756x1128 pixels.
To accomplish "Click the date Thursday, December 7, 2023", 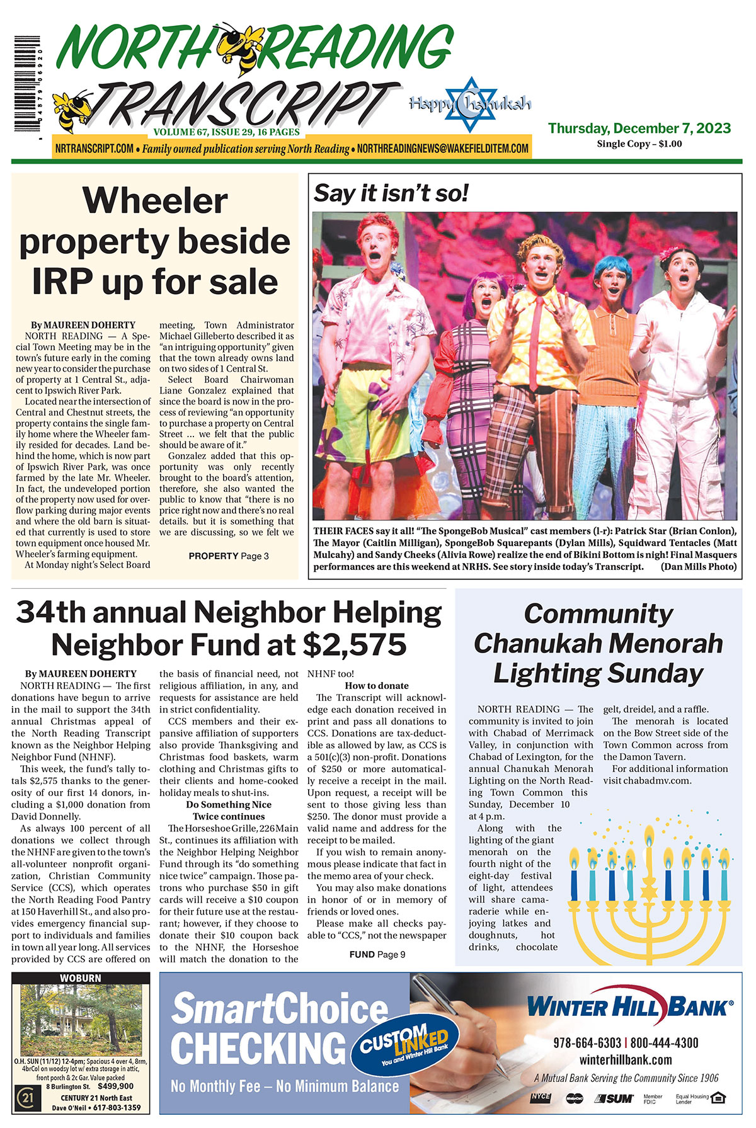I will click(639, 128).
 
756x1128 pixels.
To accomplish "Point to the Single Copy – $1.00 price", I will click(639, 144).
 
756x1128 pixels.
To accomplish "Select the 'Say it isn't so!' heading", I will click(391, 193).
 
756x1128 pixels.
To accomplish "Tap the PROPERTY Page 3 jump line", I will click(229, 556).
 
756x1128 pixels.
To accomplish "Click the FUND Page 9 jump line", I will click(377, 954).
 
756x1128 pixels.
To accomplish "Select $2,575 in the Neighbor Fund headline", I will click(354, 644).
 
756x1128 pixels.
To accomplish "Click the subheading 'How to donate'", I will click(377, 685).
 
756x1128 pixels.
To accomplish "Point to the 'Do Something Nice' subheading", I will click(229, 804).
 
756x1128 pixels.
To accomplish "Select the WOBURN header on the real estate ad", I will click(81, 978).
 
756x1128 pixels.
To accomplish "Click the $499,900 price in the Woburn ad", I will click(116, 1086).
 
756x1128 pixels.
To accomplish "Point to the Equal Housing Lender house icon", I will click(718, 1098).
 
